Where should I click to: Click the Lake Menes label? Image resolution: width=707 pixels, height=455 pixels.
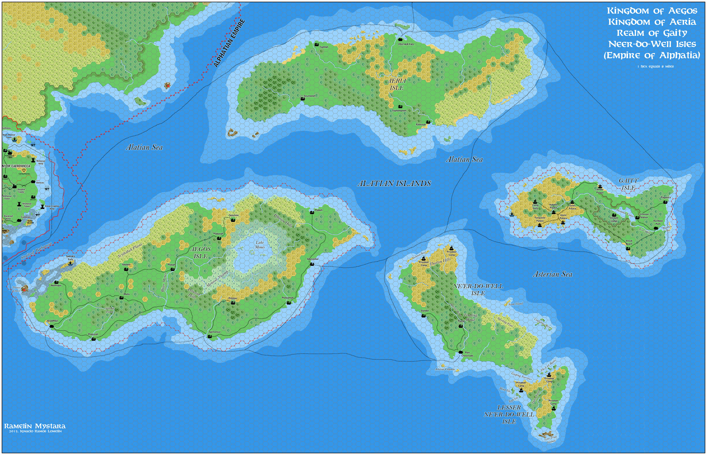click(260, 245)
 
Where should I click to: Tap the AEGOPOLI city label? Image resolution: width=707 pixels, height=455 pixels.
click(52, 321)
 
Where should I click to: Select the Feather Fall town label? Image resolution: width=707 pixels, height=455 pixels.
click(406, 44)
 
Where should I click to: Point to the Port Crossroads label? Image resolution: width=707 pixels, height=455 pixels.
click(467, 354)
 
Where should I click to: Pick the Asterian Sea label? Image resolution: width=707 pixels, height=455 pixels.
click(552, 274)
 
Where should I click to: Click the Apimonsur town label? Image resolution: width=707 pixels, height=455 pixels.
click(214, 332)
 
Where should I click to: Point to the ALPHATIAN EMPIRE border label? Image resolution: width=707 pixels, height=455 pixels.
click(229, 43)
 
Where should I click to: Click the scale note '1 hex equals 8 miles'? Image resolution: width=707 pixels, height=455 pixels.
click(655, 66)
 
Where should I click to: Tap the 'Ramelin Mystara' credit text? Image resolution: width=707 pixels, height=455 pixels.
click(35, 426)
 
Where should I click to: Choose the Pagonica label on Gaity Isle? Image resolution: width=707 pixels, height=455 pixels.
click(665, 197)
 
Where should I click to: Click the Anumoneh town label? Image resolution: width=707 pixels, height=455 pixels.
click(309, 96)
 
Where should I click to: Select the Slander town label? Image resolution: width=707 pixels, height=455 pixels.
click(425, 311)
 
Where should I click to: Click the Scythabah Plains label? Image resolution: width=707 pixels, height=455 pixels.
click(130, 250)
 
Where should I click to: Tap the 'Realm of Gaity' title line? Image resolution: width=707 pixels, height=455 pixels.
click(652, 33)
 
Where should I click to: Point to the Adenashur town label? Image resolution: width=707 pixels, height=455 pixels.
click(312, 259)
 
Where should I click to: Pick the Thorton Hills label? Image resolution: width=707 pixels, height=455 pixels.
click(440, 261)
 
